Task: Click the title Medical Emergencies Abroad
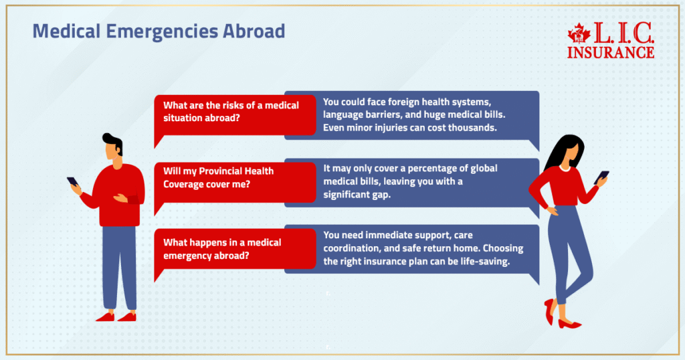pos(159,31)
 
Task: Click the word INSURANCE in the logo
pos(611,52)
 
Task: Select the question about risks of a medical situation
pos(231,111)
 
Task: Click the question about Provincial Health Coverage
pos(219,177)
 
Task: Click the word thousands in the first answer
pos(472,128)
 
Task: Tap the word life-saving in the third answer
pos(481,262)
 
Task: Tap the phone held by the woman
pos(603,177)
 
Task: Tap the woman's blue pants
pos(565,248)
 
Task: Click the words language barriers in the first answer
pos(362,115)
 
